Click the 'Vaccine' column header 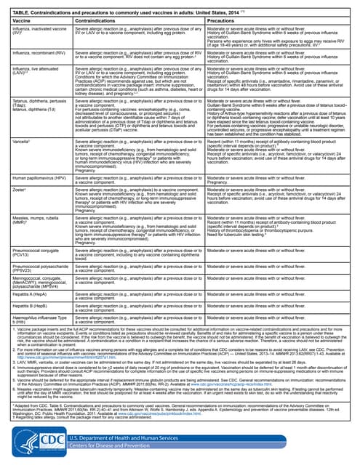[x=21, y=23]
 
